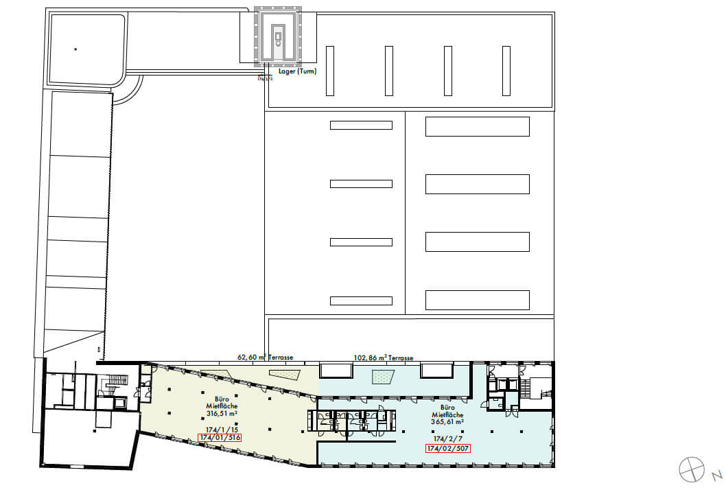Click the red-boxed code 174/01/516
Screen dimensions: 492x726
[x=220, y=437]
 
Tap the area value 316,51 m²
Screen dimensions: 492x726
[x=222, y=414]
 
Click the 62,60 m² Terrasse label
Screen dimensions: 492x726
[x=266, y=358]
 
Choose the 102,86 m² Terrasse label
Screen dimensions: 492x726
[x=383, y=358]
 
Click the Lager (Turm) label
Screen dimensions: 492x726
[x=297, y=71]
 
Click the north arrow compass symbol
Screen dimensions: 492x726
[x=692, y=469]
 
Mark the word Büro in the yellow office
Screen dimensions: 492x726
[x=222, y=398]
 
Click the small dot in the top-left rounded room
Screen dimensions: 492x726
[x=75, y=49]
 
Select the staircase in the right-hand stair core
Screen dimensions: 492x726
[x=537, y=388]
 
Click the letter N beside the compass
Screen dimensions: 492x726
[x=715, y=475]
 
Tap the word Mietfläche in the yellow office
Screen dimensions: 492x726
[x=222, y=406]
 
